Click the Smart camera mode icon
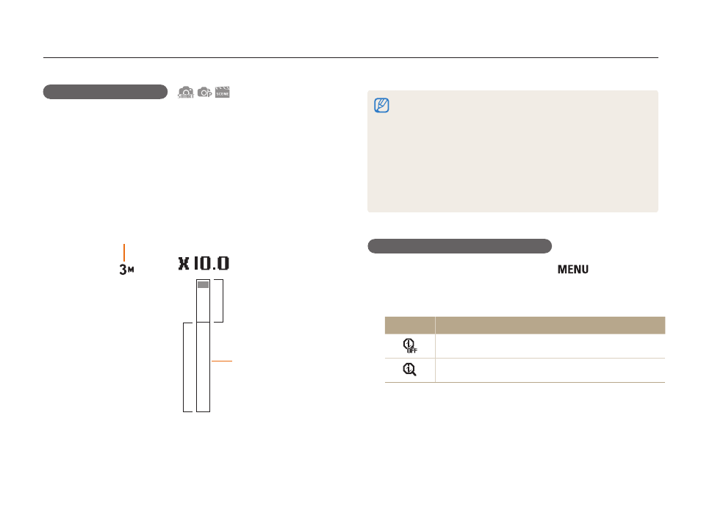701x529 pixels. coord(185,92)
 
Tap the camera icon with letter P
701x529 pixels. coord(204,92)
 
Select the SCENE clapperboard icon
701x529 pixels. coord(222,92)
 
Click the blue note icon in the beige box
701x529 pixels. coord(381,105)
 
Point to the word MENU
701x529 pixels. coord(572,269)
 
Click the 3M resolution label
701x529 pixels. coord(126,269)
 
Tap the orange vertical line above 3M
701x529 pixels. coord(124,253)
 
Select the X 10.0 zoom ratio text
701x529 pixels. coord(204,263)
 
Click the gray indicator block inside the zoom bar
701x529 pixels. coord(203,284)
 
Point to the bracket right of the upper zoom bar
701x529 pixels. coord(223,301)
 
